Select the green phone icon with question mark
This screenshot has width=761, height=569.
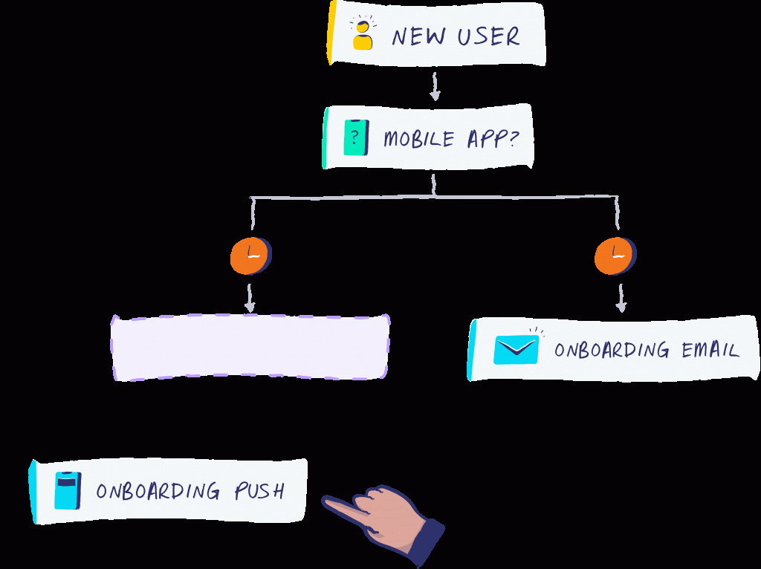pos(356,137)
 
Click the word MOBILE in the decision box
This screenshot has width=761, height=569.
pos(418,138)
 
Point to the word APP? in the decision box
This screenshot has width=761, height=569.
pos(491,138)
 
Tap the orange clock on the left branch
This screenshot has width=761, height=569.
pos(250,256)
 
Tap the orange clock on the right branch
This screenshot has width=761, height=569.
pos(615,256)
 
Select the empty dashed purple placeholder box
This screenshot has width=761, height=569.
pos(250,348)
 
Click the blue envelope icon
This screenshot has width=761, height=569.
pos(516,349)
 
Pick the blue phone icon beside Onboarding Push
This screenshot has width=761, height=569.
pos(67,491)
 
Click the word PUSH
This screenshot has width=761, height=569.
pos(259,491)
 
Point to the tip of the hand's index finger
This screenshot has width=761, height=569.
pos(326,502)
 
